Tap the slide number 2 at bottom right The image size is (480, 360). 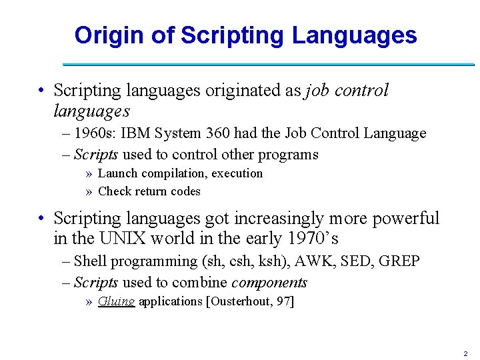(x=465, y=353)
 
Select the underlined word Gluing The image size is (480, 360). (x=116, y=301)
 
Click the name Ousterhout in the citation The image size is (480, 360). (x=243, y=301)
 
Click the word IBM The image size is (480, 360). (x=136, y=133)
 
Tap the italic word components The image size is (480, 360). (x=269, y=283)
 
